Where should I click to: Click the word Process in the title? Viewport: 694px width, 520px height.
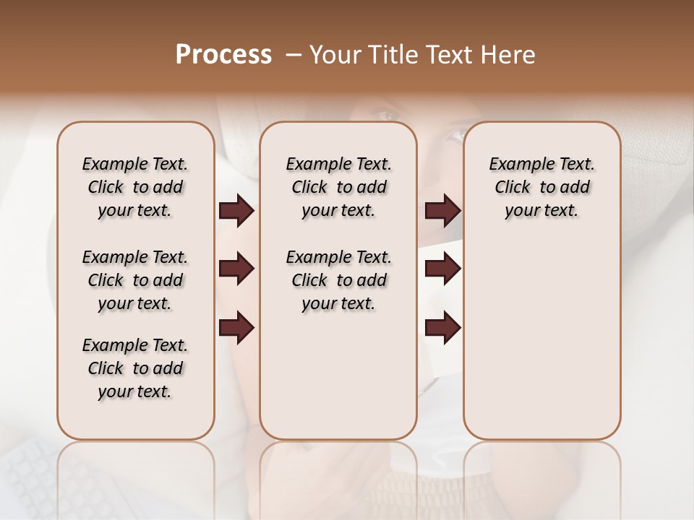pyautogui.click(x=223, y=55)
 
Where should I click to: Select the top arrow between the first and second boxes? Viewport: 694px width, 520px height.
pyautogui.click(x=236, y=211)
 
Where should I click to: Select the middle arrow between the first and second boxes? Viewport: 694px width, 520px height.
pyautogui.click(x=236, y=269)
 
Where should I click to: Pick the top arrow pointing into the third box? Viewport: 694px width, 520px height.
pyautogui.click(x=442, y=211)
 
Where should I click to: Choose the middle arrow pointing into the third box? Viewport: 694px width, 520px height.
pyautogui.click(x=442, y=269)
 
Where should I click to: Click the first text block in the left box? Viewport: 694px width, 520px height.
pyautogui.click(x=135, y=187)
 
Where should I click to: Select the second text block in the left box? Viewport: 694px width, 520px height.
pyautogui.click(x=135, y=280)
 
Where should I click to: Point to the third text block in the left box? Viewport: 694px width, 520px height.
pyautogui.click(x=135, y=368)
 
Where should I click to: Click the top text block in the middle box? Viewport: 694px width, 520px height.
pyautogui.click(x=338, y=187)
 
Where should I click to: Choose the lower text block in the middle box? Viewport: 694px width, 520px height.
pyautogui.click(x=338, y=280)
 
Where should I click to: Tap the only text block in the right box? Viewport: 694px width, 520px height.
pyautogui.click(x=541, y=187)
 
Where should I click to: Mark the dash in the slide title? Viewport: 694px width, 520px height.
pyautogui.click(x=294, y=55)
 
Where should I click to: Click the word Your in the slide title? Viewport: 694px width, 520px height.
pyautogui.click(x=335, y=55)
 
